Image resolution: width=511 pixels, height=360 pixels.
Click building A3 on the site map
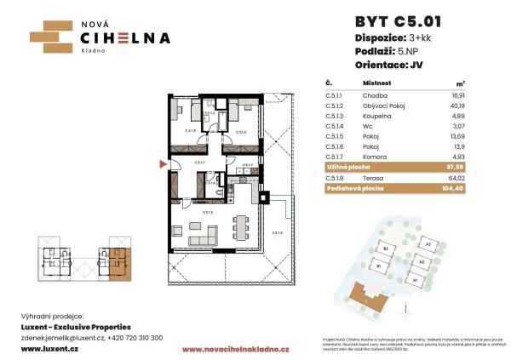(428, 245)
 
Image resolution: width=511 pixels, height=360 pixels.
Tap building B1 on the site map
(379, 265)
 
